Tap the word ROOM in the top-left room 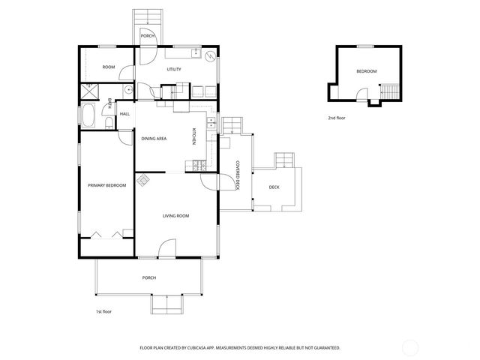coord(109,67)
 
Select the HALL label coord(124,114)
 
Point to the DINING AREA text coord(154,139)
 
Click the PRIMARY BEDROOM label coord(106,185)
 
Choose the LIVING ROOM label coord(175,216)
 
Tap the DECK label coord(274,187)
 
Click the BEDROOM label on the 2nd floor coord(366,71)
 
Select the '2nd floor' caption coord(337,118)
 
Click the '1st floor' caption coord(103,311)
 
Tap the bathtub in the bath coord(88,118)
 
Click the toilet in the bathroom coord(109,124)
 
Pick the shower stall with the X coord(91,91)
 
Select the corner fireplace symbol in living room coord(142,180)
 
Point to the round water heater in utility coord(210,55)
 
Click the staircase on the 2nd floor coord(389,91)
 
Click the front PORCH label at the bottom coord(149,278)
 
